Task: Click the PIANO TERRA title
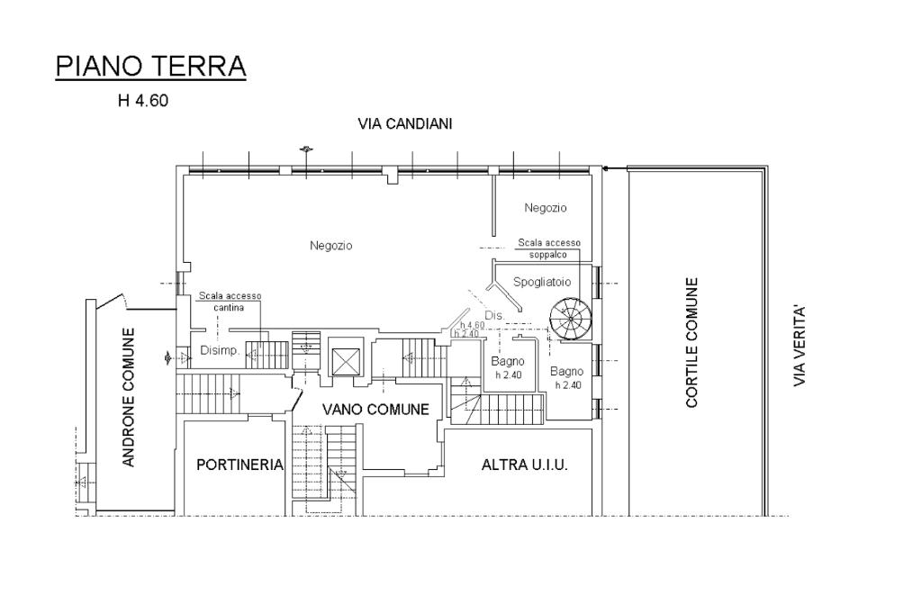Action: click(150, 66)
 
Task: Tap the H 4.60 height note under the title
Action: click(143, 101)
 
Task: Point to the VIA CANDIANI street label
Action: click(404, 124)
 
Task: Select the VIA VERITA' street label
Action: click(799, 345)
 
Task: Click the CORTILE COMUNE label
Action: click(691, 343)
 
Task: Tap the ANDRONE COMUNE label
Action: click(129, 398)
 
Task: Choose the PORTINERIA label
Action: click(240, 465)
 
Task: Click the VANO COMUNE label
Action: click(375, 410)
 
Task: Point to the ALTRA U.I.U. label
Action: click(525, 465)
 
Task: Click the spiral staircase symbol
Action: click(571, 320)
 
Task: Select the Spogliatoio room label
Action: click(541, 282)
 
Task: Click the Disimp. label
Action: click(220, 350)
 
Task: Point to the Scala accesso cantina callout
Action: click(230, 301)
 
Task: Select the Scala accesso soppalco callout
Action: click(548, 248)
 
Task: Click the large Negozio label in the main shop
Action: click(331, 245)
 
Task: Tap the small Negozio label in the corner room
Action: click(545, 208)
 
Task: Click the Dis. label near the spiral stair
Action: click(494, 316)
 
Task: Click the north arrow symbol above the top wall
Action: click(305, 149)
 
